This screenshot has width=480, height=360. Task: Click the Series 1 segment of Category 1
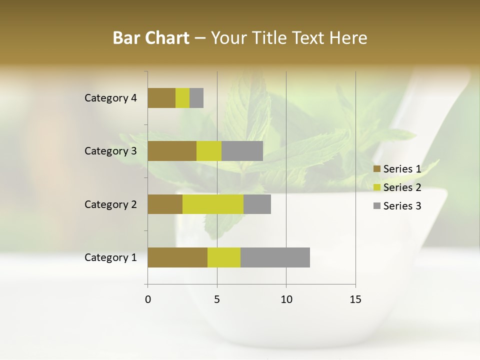coord(177,257)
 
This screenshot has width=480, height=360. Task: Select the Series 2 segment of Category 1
coord(224,257)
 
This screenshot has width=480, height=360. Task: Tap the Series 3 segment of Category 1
coord(275,257)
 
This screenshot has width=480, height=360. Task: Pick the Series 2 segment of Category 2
coord(213,204)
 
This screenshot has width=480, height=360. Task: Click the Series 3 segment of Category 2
coord(257,204)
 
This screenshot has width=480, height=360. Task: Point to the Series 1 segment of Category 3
coord(172,151)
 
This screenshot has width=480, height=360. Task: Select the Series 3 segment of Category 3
coord(242,151)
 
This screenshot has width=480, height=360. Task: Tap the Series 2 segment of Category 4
coord(182,98)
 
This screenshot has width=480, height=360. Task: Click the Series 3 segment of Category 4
coord(196,98)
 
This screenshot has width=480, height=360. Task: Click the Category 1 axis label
coord(110,257)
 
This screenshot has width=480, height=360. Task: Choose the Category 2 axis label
coord(110,204)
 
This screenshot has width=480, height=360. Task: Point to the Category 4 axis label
coord(110,98)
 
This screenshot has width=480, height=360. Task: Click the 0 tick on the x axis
coord(148,299)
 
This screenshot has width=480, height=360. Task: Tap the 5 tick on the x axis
coord(217,299)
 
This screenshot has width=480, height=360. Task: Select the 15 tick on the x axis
coord(355,299)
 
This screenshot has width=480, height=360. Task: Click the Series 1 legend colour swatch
coord(377,169)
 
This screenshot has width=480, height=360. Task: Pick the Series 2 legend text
coord(402,187)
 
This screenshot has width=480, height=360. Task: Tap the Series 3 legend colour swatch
coord(377,206)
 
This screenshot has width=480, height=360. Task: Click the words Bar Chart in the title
coord(151,38)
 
